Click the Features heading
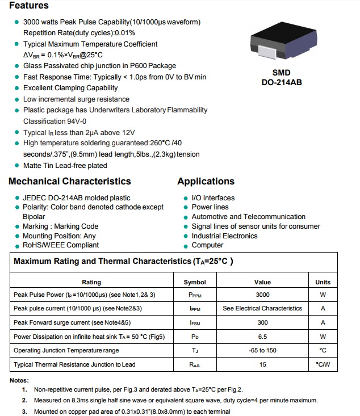click(x=29, y=6)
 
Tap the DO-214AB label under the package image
click(x=282, y=82)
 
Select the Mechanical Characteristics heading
click(x=70, y=182)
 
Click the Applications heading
click(x=206, y=182)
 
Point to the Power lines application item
click(x=210, y=207)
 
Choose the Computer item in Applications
click(x=207, y=245)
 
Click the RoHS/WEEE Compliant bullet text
click(x=60, y=245)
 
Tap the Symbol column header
click(x=195, y=282)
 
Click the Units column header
click(x=323, y=282)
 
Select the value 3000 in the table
click(x=262, y=295)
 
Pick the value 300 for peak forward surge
click(x=262, y=322)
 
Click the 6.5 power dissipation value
click(x=262, y=337)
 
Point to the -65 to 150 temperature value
click(x=262, y=350)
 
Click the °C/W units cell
click(x=323, y=364)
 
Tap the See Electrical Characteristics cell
click(x=262, y=308)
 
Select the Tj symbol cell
click(x=195, y=351)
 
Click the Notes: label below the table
click(x=19, y=380)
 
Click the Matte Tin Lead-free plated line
click(x=65, y=166)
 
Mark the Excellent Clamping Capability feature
click(x=70, y=88)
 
